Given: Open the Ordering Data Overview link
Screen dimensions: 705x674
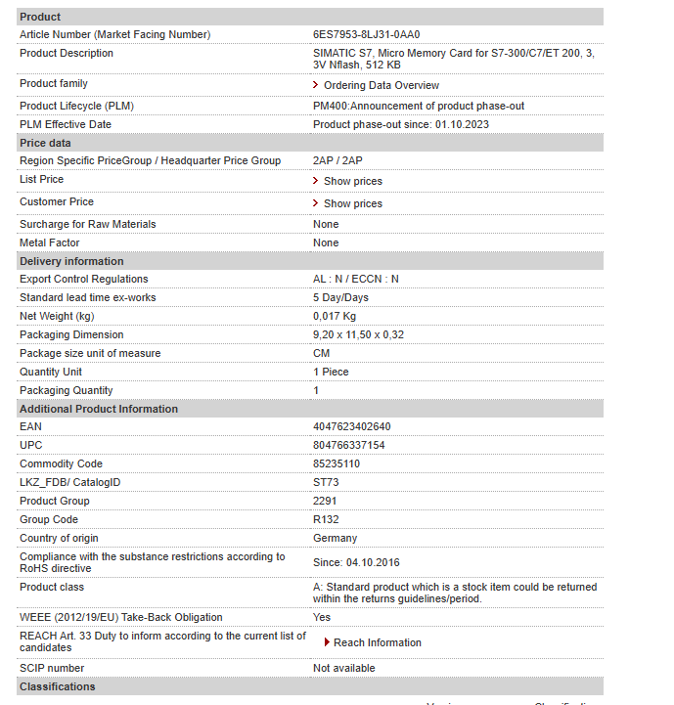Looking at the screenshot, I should point(381,85).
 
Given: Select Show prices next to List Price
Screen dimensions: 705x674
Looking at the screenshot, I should point(352,181).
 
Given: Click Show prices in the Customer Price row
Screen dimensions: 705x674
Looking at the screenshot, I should point(352,203).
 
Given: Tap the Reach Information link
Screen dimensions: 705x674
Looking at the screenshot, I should point(377,642).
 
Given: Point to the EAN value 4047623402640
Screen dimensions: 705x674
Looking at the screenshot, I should point(351,426).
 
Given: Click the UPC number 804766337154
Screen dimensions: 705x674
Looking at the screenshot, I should point(348,445).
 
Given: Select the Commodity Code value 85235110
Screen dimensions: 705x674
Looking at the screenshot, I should point(337,463).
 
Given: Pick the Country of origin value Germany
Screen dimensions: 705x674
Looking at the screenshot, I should point(335,538).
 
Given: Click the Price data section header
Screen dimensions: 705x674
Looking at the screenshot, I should point(45,143).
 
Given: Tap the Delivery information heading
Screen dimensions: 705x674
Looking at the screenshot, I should point(71,261).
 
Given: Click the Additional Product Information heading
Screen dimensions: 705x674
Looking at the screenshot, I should point(99,409).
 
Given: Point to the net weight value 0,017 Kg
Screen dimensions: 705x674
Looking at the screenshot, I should point(335,316).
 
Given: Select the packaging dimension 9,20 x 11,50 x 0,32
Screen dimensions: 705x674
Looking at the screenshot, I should point(358,334).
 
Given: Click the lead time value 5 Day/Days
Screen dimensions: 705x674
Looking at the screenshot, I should point(340,297).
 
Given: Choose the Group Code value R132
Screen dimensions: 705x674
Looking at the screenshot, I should point(326,519).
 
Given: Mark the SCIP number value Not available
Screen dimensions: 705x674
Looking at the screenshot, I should point(343,668).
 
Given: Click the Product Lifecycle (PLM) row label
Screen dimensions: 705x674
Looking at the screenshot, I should point(76,106).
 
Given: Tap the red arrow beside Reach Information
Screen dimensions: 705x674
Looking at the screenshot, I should point(327,642).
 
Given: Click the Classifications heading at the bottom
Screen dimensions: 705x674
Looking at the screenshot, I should point(58,686).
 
